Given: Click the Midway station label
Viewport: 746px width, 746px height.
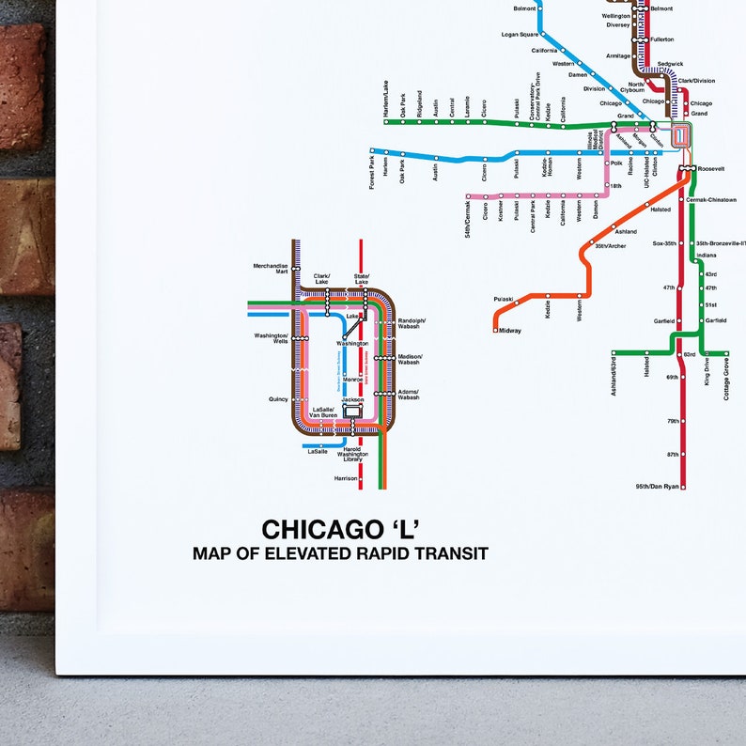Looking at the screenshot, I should (509, 331).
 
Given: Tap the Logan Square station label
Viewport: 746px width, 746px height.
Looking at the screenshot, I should (519, 34).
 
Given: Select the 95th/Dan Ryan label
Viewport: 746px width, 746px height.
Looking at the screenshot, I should (656, 487).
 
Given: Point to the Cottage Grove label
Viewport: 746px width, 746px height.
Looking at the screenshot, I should (726, 381).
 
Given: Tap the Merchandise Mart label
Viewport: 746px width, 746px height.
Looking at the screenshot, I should (271, 269).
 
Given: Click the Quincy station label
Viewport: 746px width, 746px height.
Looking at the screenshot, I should (278, 399).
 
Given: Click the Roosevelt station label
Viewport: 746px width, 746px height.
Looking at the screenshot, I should (711, 168).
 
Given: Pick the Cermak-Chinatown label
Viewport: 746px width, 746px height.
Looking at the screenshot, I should (711, 200).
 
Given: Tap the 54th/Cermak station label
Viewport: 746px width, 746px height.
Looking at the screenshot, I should (468, 222).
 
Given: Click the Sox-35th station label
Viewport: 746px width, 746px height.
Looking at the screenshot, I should (664, 243).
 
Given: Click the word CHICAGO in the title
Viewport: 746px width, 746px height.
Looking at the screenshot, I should (318, 531).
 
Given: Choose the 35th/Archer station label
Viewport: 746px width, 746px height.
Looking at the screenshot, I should (610, 247).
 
